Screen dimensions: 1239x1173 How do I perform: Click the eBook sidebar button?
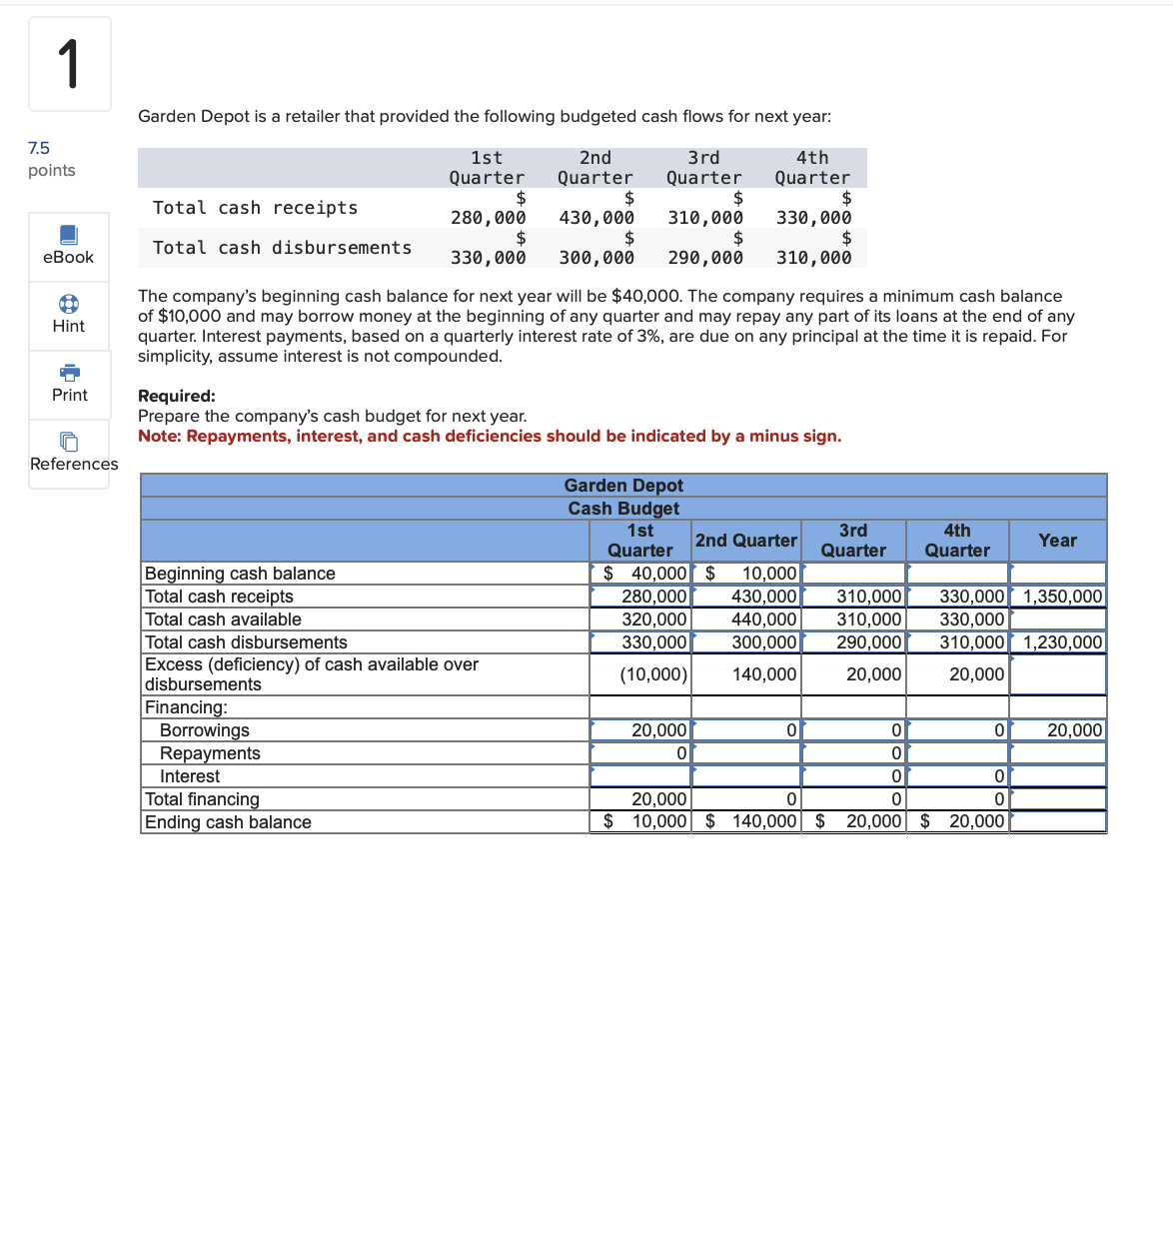click(68, 246)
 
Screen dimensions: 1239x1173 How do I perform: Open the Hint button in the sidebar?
click(68, 315)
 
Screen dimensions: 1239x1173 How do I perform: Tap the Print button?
click(69, 384)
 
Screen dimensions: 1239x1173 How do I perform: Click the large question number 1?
click(69, 64)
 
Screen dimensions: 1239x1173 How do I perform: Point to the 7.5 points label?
click(51, 159)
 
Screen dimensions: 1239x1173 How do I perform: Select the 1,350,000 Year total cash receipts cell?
click(1060, 597)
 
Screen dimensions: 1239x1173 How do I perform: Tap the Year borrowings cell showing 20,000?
click(1060, 730)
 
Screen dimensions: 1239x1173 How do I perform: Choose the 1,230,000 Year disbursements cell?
click(1060, 642)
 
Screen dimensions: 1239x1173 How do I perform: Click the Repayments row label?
click(210, 753)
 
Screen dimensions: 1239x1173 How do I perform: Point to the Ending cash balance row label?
click(228, 822)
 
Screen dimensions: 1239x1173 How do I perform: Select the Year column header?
click(1057, 541)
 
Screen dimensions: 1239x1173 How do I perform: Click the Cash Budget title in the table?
click(623, 509)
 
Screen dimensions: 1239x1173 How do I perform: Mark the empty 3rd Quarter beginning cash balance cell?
click(853, 574)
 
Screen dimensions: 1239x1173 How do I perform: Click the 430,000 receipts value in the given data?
click(596, 218)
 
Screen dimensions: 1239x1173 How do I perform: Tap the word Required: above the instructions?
click(177, 396)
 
